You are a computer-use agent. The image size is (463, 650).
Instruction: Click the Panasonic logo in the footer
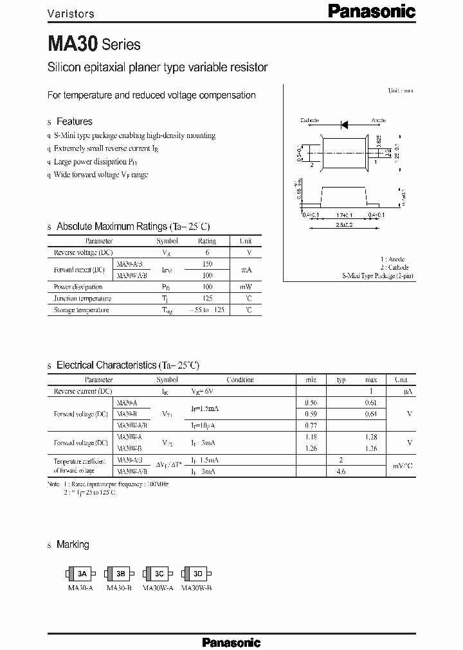click(x=232, y=642)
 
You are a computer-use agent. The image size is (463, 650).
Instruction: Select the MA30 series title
click(x=94, y=44)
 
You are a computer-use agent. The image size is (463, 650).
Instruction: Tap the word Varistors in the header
click(x=71, y=13)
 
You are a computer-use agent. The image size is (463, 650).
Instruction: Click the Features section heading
click(x=74, y=121)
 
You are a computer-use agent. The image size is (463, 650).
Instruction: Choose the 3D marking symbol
click(x=197, y=574)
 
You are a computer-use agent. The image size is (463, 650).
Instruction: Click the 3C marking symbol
click(x=159, y=574)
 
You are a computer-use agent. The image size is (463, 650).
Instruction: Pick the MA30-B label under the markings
click(x=120, y=587)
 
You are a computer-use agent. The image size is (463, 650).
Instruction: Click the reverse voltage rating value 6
click(x=206, y=252)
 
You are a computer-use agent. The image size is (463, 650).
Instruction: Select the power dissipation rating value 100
click(x=206, y=287)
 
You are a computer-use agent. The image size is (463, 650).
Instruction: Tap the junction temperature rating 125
click(x=206, y=299)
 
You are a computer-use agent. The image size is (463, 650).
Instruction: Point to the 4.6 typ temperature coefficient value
click(x=341, y=471)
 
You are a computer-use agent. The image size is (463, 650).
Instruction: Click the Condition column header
click(x=240, y=380)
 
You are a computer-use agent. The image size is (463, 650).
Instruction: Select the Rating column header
click(x=206, y=241)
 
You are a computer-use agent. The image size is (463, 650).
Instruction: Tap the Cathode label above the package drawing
click(x=311, y=120)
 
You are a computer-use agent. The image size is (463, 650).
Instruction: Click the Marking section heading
click(x=73, y=545)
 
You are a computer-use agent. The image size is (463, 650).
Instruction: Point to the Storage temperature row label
click(x=81, y=310)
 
